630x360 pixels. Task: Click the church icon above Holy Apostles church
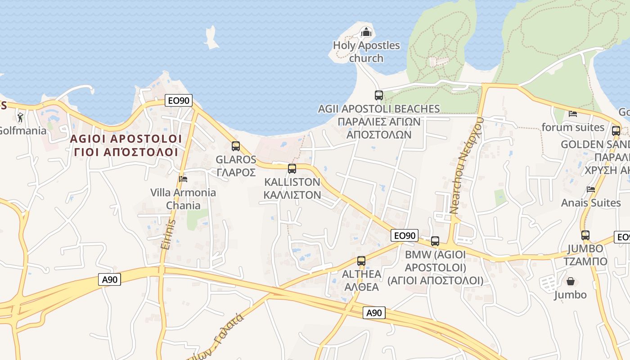click(366, 32)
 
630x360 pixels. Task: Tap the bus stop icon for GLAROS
click(236, 146)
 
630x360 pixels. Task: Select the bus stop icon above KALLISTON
click(292, 169)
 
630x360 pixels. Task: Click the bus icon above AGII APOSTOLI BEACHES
click(379, 95)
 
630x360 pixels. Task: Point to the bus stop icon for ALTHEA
click(361, 261)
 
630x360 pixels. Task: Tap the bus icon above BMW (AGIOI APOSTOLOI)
click(435, 241)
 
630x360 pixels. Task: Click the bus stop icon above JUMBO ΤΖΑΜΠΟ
click(585, 235)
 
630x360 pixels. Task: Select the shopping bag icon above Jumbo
click(571, 282)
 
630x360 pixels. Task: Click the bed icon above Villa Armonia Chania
click(183, 179)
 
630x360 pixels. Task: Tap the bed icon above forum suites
click(573, 114)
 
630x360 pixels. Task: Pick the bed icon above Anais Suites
click(591, 189)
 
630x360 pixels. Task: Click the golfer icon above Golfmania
click(20, 118)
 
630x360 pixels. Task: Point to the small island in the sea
click(210, 38)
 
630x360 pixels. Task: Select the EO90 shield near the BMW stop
click(405, 235)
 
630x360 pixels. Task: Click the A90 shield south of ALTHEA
click(374, 313)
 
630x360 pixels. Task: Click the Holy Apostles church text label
click(366, 52)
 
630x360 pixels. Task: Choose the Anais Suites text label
click(591, 203)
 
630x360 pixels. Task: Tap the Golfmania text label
click(22, 131)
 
